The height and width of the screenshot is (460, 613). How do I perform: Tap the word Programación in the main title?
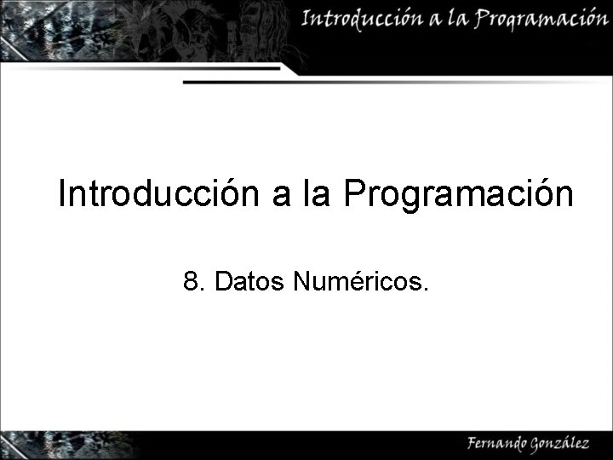[x=459, y=196]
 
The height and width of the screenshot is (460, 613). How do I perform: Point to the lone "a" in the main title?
[x=282, y=197]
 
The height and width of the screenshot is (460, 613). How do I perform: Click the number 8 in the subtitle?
[x=190, y=280]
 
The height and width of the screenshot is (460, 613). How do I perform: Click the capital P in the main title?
[x=354, y=194]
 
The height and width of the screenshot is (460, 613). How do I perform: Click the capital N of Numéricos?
[x=301, y=280]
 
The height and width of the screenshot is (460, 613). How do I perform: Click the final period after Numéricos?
[x=426, y=288]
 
